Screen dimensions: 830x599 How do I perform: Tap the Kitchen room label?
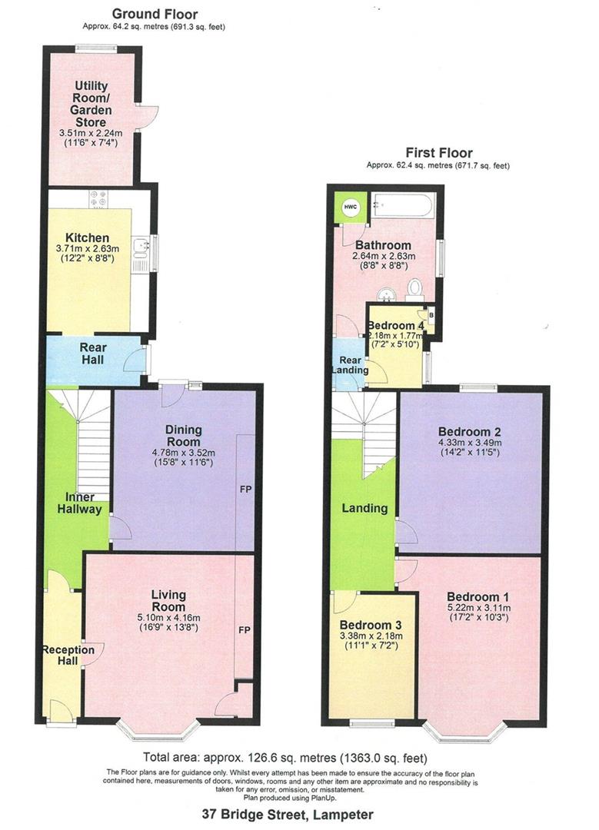point(87,237)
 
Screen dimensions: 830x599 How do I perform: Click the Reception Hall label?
point(68,656)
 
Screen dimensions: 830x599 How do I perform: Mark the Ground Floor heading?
point(155,14)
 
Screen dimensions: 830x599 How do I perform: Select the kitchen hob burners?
point(98,199)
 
